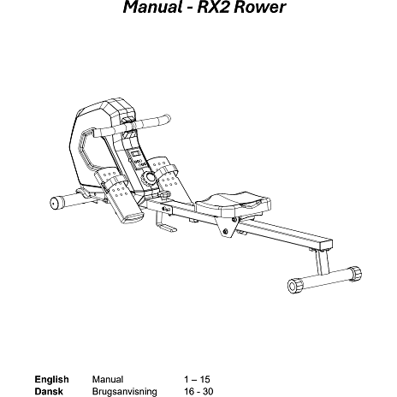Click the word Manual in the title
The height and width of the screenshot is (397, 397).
tap(152, 7)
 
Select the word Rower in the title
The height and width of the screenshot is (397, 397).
tap(259, 7)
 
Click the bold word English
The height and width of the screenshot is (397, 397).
tap(51, 380)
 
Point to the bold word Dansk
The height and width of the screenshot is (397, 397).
tap(49, 392)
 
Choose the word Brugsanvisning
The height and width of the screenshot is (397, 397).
tap(124, 392)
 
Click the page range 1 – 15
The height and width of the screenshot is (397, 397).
tap(197, 380)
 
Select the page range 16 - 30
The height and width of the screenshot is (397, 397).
tap(198, 392)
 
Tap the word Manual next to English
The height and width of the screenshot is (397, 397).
tap(108, 380)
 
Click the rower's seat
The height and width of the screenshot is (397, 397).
tap(233, 204)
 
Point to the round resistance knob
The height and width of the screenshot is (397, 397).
tap(149, 178)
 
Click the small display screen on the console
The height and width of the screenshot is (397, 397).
tap(135, 154)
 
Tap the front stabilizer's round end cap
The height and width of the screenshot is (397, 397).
tap(54, 204)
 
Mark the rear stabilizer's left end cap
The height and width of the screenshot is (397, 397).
tap(294, 286)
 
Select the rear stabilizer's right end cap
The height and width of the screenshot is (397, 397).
tap(355, 273)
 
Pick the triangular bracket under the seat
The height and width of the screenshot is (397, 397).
tap(226, 227)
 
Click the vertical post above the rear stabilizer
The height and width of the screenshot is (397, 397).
tap(323, 263)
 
